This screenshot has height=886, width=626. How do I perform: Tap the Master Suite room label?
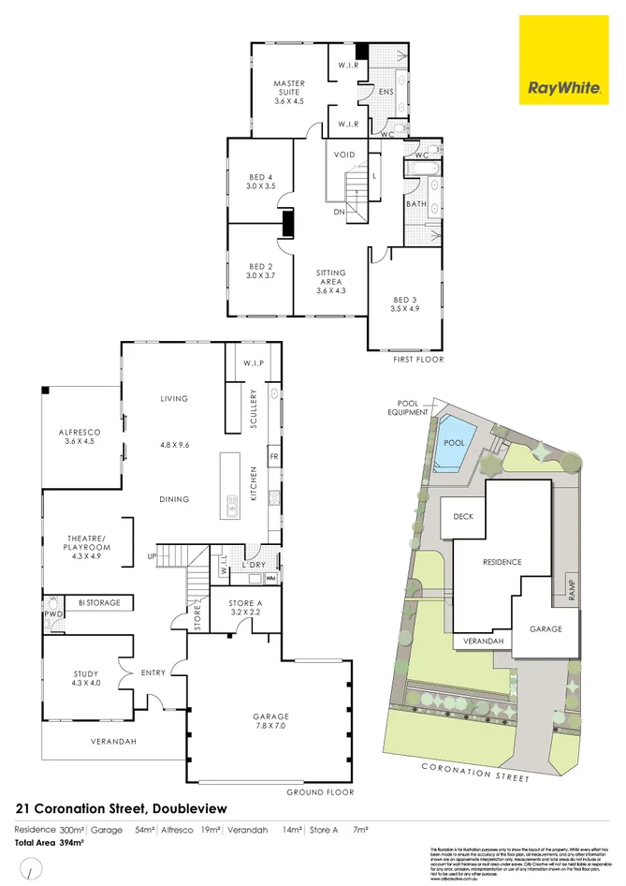point(289,92)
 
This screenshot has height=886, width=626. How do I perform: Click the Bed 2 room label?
point(260,271)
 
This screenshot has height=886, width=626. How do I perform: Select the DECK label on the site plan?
point(464,516)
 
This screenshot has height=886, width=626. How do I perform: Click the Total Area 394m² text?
point(49,844)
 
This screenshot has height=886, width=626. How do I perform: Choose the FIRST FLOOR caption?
point(417,359)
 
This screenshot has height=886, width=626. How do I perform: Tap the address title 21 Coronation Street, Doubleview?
point(121,807)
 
